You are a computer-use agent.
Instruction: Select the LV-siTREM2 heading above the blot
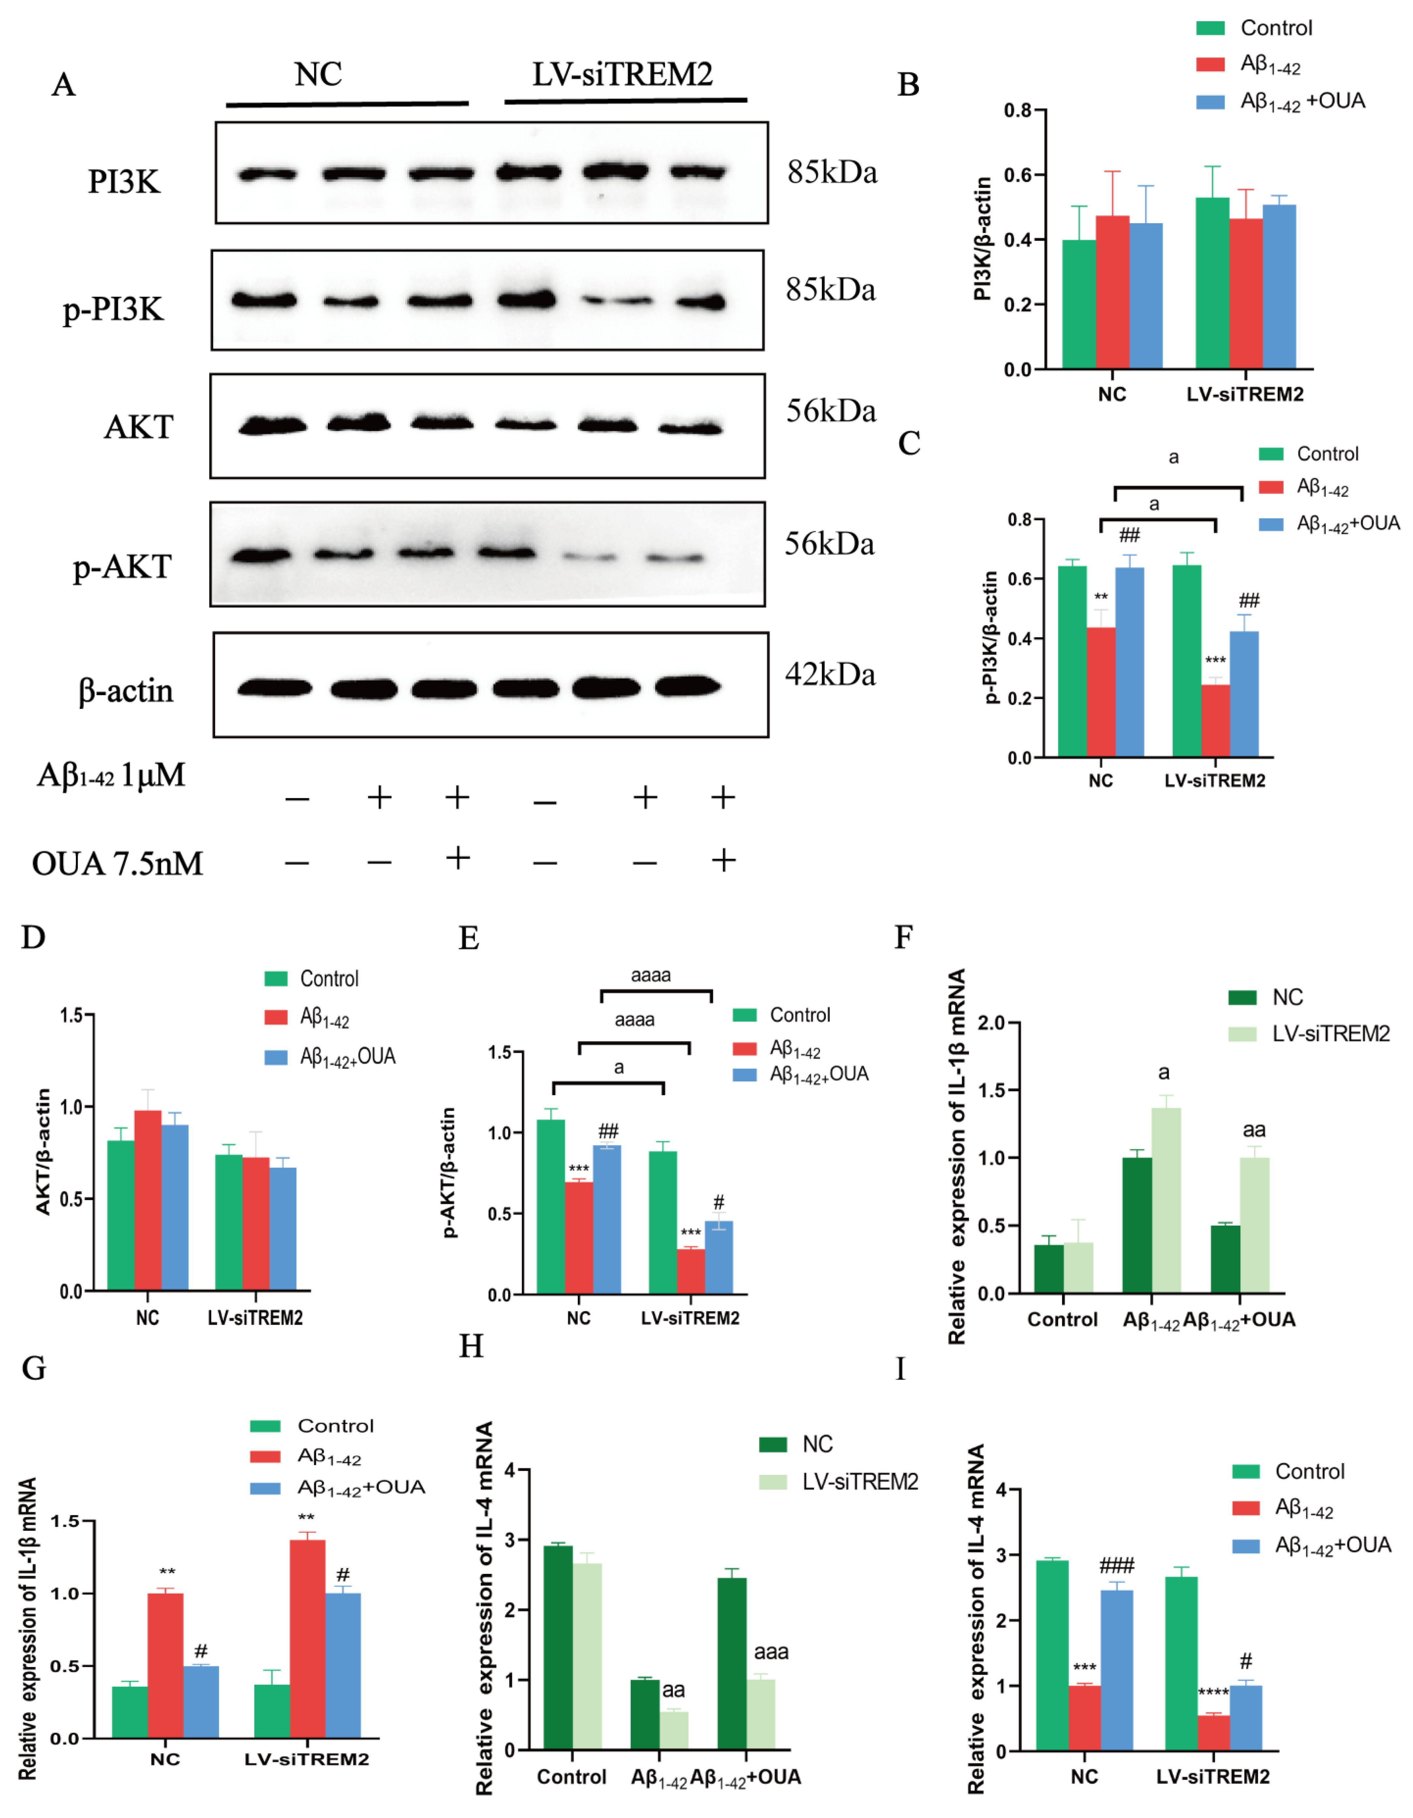[x=622, y=75]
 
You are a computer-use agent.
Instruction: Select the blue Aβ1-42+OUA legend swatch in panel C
[x=1271, y=523]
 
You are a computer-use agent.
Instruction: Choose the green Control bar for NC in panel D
[x=121, y=1215]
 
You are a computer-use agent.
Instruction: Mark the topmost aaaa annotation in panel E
[x=651, y=975]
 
